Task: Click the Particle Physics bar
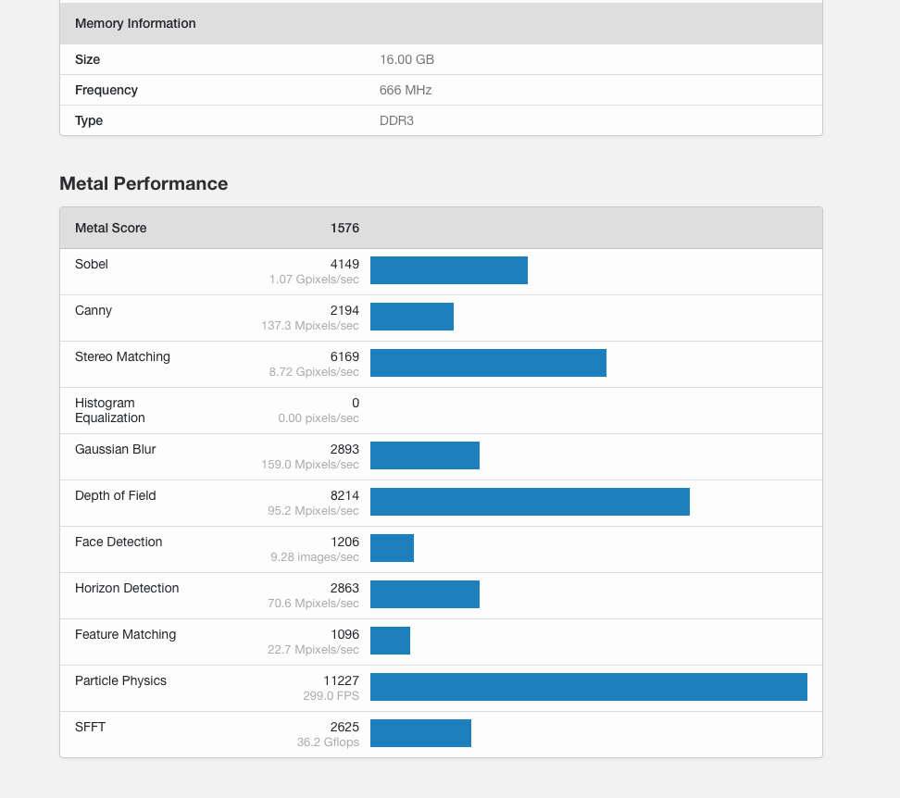588,687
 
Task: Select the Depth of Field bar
530,502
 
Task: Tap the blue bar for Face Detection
392,548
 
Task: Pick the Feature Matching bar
390,641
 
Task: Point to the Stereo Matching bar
488,363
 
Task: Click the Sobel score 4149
344,264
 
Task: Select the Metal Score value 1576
344,228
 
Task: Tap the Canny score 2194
344,310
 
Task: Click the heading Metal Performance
144,183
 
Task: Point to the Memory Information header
135,23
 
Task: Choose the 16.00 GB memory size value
406,59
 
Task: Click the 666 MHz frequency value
406,90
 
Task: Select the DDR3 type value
396,120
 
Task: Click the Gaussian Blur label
116,449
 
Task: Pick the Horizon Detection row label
127,588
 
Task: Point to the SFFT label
91,727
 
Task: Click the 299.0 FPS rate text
331,696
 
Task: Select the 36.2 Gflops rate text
328,742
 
